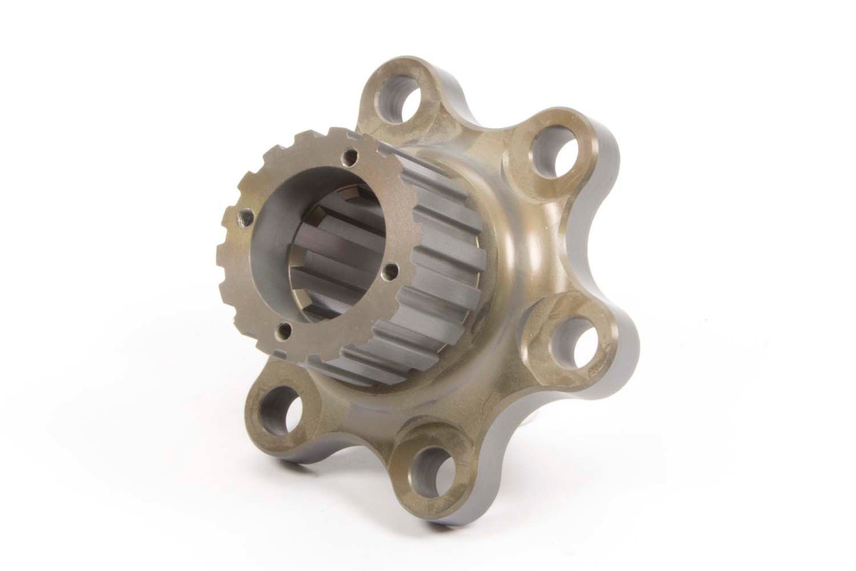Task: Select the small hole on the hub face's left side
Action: pos(246,217)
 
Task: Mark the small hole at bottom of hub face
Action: pos(285,330)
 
